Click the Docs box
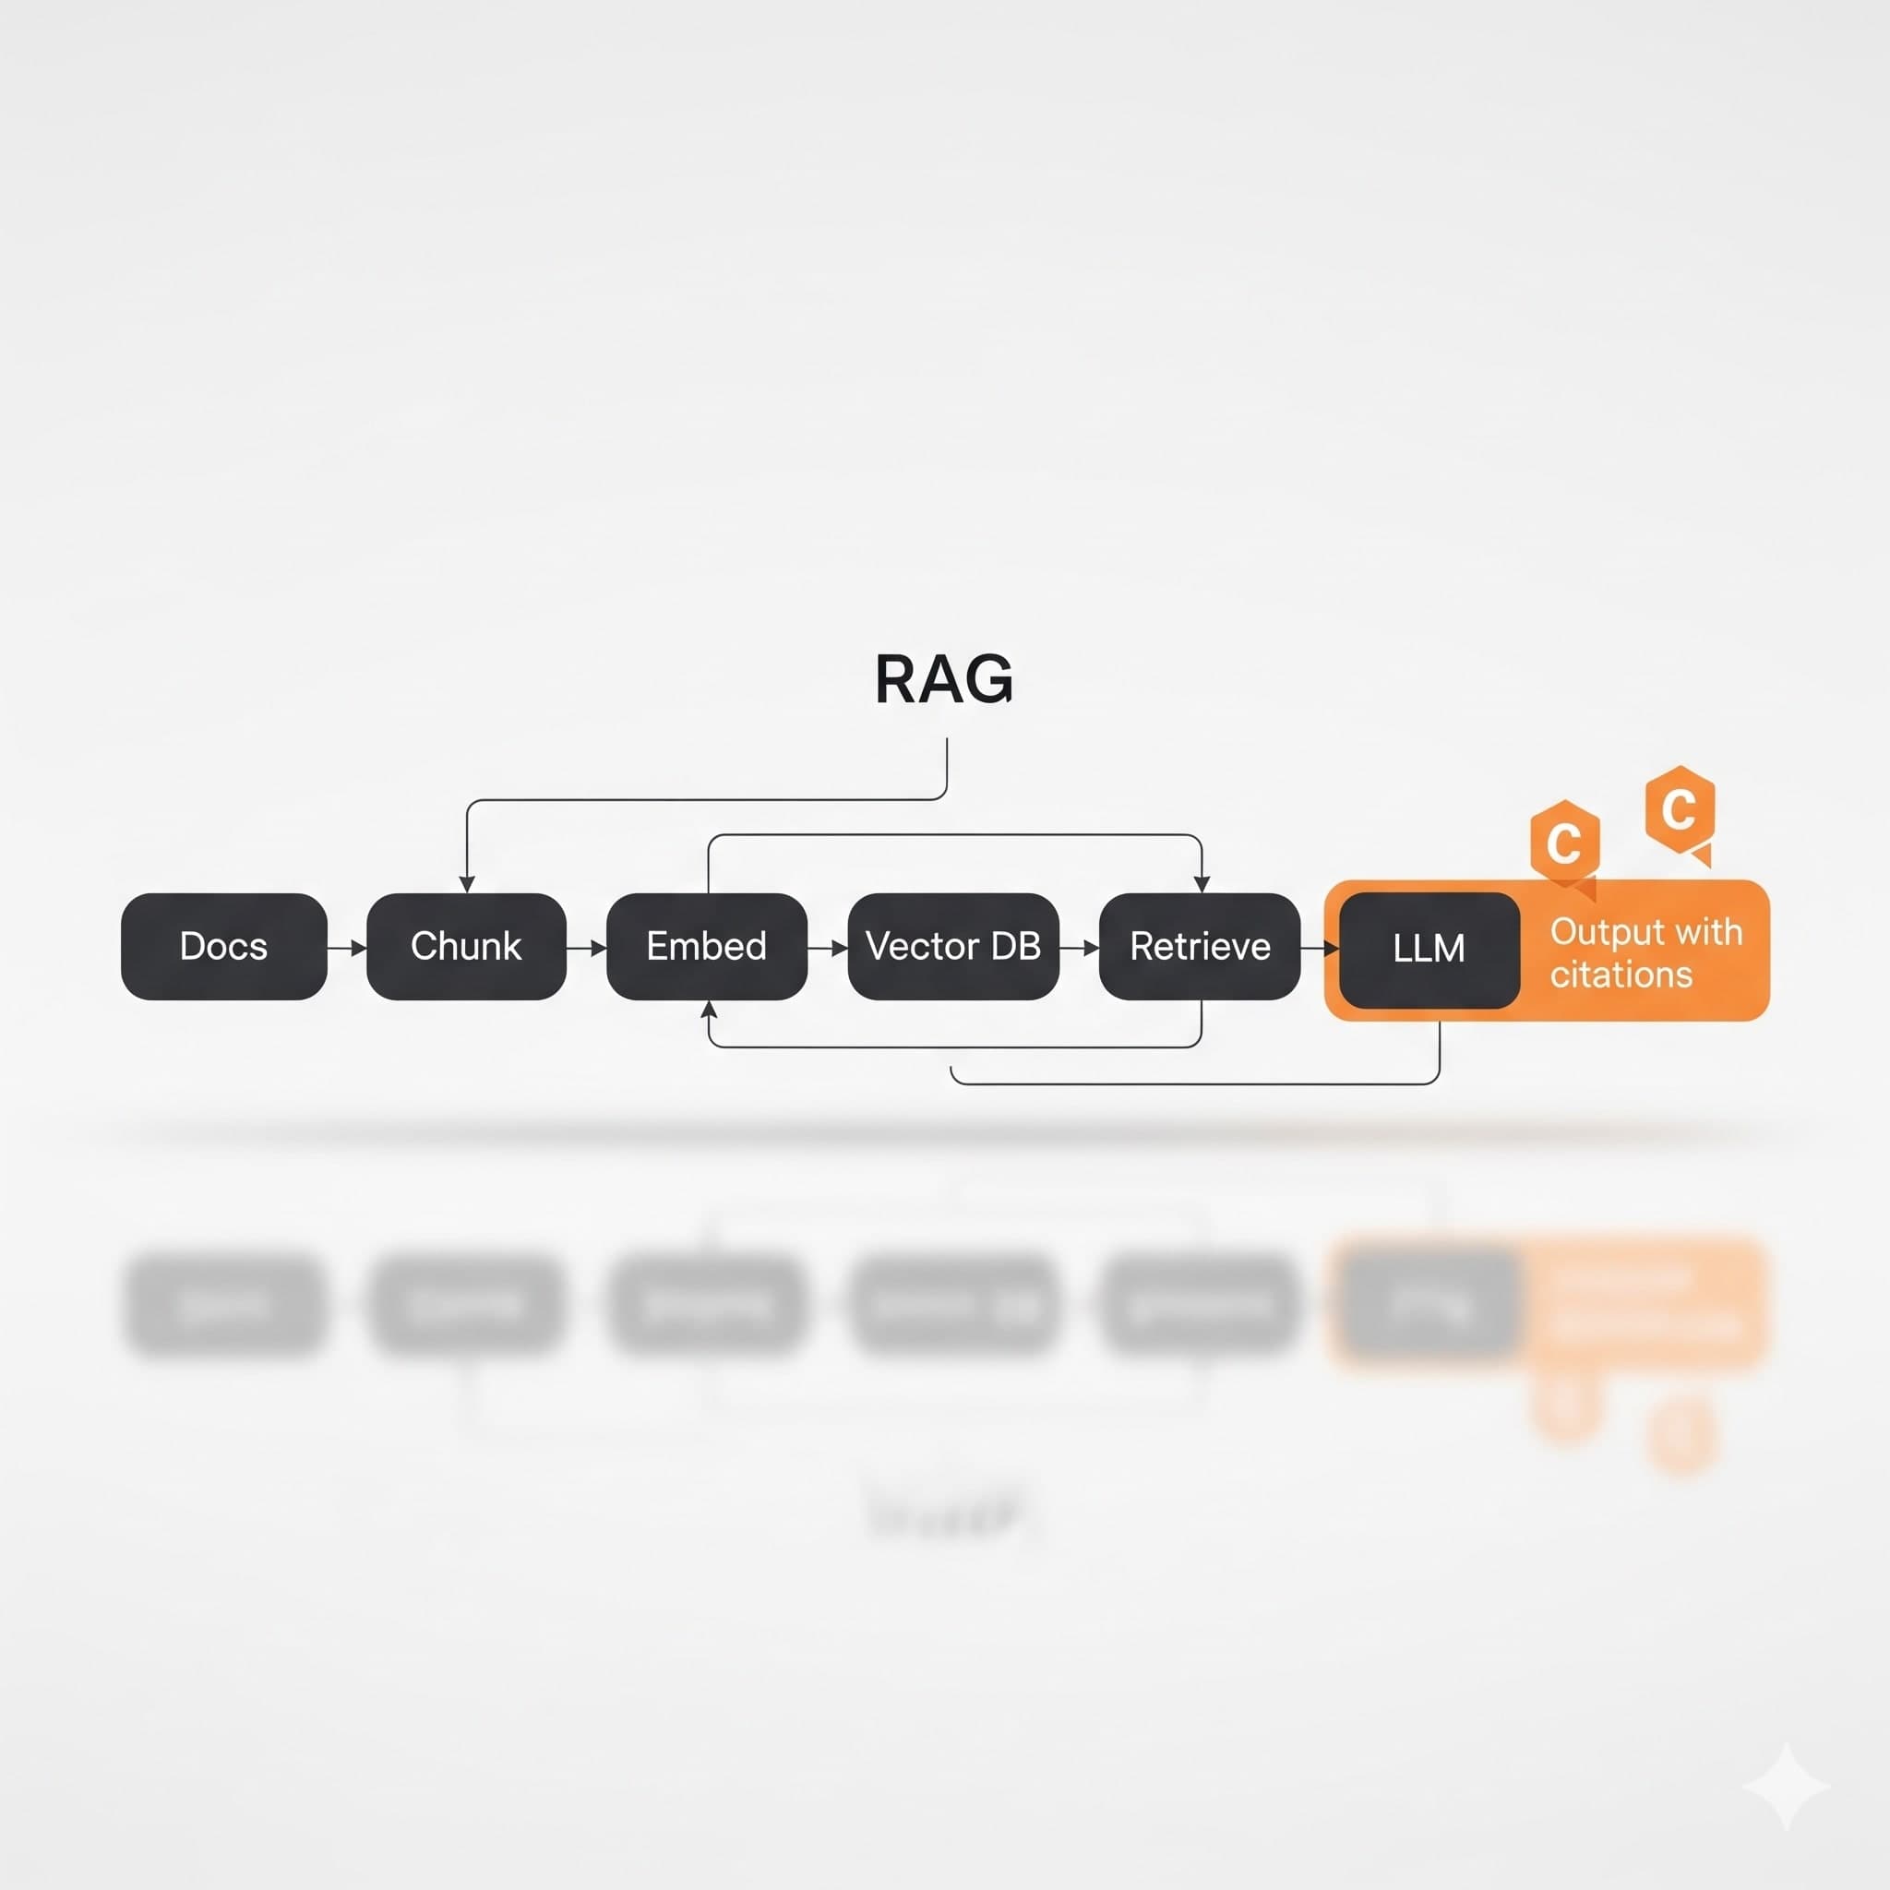[224, 946]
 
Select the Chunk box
[466, 946]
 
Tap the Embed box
[706, 946]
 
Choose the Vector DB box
[952, 946]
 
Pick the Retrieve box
[1200, 946]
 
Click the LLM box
[1429, 949]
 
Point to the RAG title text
[944, 680]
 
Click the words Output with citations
[1645, 952]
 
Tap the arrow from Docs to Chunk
[347, 948]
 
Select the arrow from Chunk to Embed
[587, 948]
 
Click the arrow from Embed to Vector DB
[828, 948]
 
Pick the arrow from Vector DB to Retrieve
[1080, 948]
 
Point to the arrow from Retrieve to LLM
[1320, 948]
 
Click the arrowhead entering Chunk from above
[467, 884]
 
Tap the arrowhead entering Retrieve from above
[1202, 884]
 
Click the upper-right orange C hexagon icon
[1680, 810]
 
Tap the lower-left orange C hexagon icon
[1565, 843]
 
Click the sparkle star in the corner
[1787, 1787]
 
